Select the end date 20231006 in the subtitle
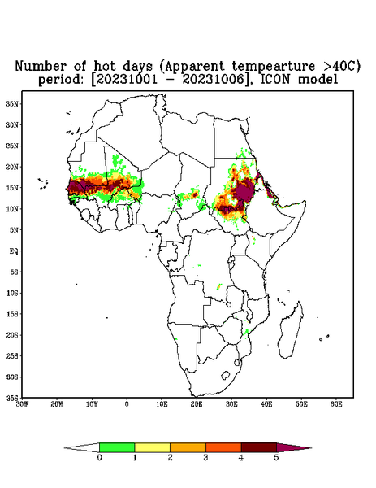(x=213, y=80)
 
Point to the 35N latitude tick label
(x=12, y=103)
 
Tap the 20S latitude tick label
(x=12, y=335)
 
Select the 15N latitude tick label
(x=12, y=188)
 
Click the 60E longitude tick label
(x=336, y=404)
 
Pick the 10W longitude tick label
(x=92, y=404)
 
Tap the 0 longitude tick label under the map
(x=127, y=404)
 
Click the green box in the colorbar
(x=117, y=447)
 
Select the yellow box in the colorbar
(x=152, y=447)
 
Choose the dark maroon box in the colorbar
(x=259, y=447)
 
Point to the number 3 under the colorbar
(x=205, y=458)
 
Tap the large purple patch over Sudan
(x=244, y=190)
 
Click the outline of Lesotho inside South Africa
(x=226, y=375)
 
